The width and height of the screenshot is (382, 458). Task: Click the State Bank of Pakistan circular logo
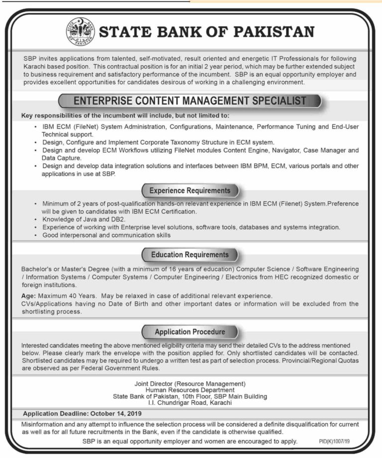pos(79,31)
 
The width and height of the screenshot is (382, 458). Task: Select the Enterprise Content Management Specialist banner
pos(190,101)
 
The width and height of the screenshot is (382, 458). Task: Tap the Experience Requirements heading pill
pos(190,190)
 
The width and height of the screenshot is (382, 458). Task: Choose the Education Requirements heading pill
pos(190,255)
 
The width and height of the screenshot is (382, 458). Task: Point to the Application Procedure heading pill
pos(190,331)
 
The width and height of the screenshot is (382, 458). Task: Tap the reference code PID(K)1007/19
pos(336,442)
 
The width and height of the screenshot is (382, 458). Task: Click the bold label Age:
pos(28,296)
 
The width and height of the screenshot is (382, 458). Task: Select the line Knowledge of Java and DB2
pos(84,219)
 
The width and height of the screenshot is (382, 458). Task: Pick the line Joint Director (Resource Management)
pos(191,383)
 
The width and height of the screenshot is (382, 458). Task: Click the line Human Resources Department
pos(191,390)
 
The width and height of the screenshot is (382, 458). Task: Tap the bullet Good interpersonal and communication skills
pos(106,235)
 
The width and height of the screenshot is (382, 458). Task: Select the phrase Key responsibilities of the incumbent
pos(82,116)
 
